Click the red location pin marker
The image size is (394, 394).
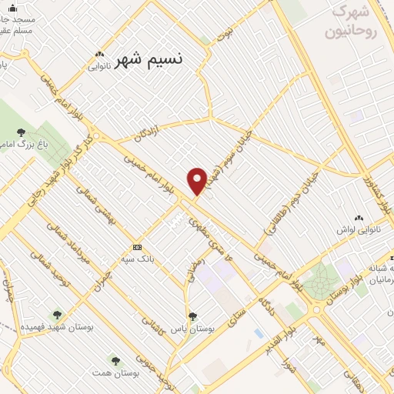(198, 181)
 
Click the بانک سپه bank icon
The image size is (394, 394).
(137, 247)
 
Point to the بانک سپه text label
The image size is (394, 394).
(137, 259)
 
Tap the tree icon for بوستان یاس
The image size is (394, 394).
(192, 316)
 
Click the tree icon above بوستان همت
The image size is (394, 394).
(115, 359)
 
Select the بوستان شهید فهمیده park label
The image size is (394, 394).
(56, 328)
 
